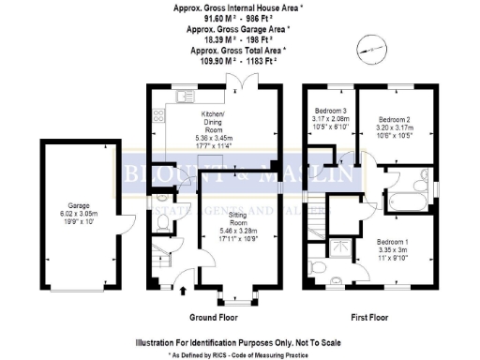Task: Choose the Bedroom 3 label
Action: pyautogui.click(x=330, y=111)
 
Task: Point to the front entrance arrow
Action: pyautogui.click(x=181, y=288)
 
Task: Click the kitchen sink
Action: pyautogui.click(x=157, y=116)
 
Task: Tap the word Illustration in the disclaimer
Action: pyautogui.click(x=162, y=342)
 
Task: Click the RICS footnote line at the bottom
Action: pyautogui.click(x=239, y=355)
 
